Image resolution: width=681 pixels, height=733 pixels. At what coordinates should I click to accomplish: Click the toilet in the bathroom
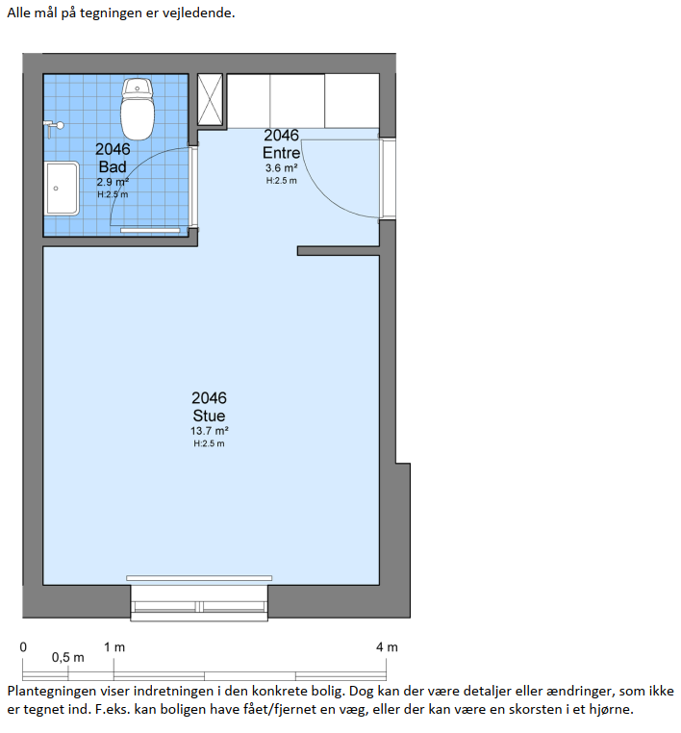(x=138, y=110)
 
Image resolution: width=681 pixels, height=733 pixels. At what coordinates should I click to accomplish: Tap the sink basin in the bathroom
(x=63, y=189)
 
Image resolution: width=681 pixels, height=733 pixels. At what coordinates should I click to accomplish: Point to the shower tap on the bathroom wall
(x=53, y=127)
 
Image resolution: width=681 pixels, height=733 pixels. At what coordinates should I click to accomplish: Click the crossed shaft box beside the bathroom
(x=210, y=100)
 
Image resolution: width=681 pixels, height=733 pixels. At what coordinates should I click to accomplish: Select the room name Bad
(x=113, y=166)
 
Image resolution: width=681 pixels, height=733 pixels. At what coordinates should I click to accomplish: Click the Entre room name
(x=281, y=153)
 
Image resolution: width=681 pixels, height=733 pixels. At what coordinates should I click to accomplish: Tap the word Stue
(x=209, y=416)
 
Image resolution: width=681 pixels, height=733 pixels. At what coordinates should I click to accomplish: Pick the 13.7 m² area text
(x=209, y=431)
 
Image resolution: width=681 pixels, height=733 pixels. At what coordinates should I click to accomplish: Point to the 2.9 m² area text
(x=113, y=182)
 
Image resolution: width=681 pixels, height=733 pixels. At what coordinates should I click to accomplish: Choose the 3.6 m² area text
(x=282, y=167)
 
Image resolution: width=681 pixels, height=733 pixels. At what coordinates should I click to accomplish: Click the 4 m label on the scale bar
(x=387, y=647)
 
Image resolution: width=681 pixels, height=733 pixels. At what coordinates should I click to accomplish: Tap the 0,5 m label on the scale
(x=67, y=657)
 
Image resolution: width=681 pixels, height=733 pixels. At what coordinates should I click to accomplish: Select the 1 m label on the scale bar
(x=114, y=647)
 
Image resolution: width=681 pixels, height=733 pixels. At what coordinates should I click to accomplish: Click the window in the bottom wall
(x=199, y=603)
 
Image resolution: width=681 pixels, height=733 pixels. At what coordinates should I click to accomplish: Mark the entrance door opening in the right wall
(x=388, y=178)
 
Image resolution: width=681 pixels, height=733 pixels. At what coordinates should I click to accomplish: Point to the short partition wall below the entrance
(x=338, y=251)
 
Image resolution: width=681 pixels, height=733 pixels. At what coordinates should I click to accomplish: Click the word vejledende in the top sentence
(x=198, y=13)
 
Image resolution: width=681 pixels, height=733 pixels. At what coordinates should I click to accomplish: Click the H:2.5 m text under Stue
(x=209, y=443)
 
